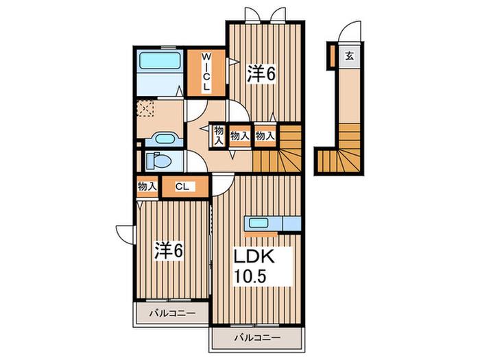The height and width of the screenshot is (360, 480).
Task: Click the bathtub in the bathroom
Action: [160, 61]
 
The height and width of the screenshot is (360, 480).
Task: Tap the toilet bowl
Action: [159, 160]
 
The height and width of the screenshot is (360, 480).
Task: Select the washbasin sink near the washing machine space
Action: [165, 139]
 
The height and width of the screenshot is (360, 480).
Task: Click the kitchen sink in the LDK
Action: [259, 223]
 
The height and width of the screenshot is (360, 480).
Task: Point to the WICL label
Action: [206, 72]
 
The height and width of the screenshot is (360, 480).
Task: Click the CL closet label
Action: [182, 187]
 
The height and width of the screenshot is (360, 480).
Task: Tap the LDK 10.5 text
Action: [254, 266]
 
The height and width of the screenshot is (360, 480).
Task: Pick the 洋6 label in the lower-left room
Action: [169, 251]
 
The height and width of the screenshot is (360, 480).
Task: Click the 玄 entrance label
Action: [350, 56]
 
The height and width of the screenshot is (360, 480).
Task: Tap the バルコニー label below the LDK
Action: [257, 338]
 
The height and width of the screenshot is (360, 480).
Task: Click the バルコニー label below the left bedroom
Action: [172, 313]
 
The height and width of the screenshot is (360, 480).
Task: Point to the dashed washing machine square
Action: [145, 108]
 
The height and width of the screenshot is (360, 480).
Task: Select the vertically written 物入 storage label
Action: [219, 135]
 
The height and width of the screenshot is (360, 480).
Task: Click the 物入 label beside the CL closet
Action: [147, 186]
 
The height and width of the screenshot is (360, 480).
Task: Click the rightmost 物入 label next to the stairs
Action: [265, 136]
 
